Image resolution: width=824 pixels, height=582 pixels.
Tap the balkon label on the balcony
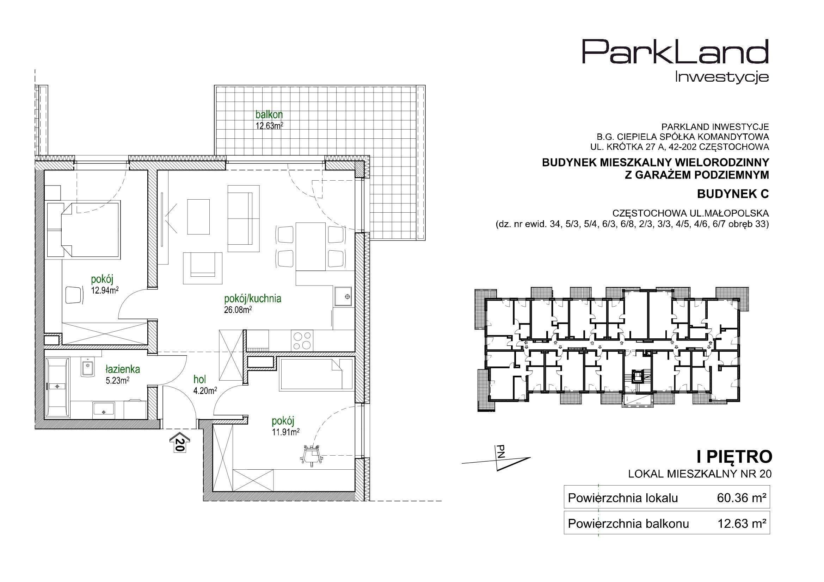click(x=269, y=115)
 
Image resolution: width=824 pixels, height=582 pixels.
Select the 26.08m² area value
click(x=237, y=310)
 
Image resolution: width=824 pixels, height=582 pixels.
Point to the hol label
click(x=200, y=380)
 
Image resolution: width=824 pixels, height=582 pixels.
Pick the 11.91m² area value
click(x=286, y=432)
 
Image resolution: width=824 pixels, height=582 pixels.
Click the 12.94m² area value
click(x=105, y=290)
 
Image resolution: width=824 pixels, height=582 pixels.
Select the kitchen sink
click(x=342, y=296)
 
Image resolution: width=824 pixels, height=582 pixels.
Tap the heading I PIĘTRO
click(x=734, y=457)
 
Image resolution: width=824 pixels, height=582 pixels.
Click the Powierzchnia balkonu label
click(x=628, y=524)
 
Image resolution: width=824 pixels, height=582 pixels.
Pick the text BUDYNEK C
click(x=733, y=194)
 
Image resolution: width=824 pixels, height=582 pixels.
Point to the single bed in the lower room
click(x=316, y=374)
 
